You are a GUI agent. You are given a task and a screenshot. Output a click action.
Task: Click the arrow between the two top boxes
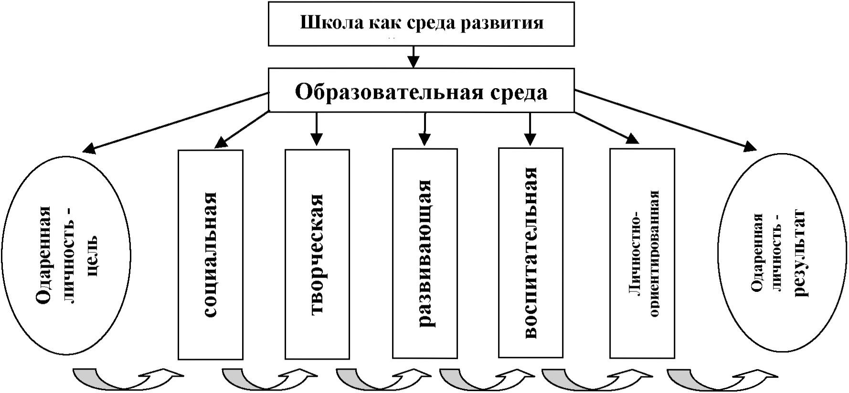tap(414, 57)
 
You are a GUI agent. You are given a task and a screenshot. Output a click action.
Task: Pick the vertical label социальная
tap(210, 255)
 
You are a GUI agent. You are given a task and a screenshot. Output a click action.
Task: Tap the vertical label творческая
tap(317, 255)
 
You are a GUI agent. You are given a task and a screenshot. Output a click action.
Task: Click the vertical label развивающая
tap(424, 254)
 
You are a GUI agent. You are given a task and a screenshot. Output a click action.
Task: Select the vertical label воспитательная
tap(530, 253)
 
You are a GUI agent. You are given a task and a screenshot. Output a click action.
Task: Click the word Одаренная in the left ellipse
tap(43, 255)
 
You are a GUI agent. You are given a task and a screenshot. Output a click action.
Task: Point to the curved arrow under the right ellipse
tap(721, 379)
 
